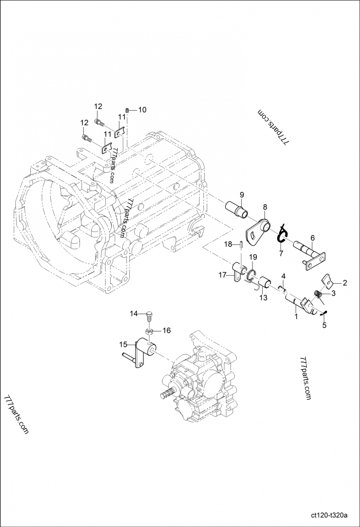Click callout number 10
point(142,110)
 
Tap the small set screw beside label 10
point(128,110)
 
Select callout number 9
point(242,194)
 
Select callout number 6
point(312,238)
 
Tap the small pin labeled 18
point(241,245)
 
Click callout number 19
point(253,257)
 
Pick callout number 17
point(222,275)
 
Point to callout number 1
point(296,317)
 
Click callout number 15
point(123,344)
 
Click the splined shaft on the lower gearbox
point(166,396)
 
